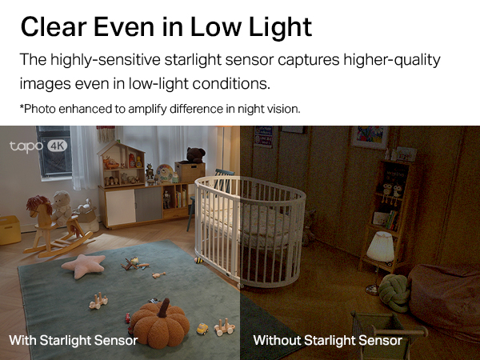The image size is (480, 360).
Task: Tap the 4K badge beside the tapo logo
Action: point(58,146)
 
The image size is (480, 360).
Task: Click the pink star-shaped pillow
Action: point(83,265)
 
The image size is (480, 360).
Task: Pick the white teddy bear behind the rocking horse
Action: point(61,207)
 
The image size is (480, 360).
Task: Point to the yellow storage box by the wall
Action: point(10,229)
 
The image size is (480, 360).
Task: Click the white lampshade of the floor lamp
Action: point(381,246)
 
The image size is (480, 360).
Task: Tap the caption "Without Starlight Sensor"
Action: point(327,341)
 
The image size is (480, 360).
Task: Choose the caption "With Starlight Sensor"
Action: point(74,341)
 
